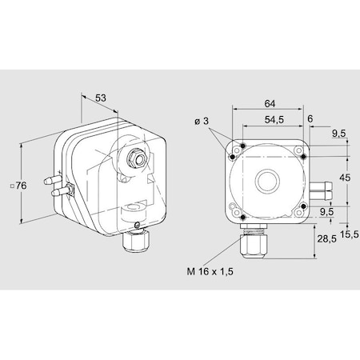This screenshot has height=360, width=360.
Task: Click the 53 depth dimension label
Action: click(101, 98)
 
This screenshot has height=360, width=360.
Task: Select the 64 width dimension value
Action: click(270, 103)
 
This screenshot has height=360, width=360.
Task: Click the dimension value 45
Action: click(345, 178)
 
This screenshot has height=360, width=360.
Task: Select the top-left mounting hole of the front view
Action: click(232, 156)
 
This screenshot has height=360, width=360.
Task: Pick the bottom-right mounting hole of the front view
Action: click(302, 210)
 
